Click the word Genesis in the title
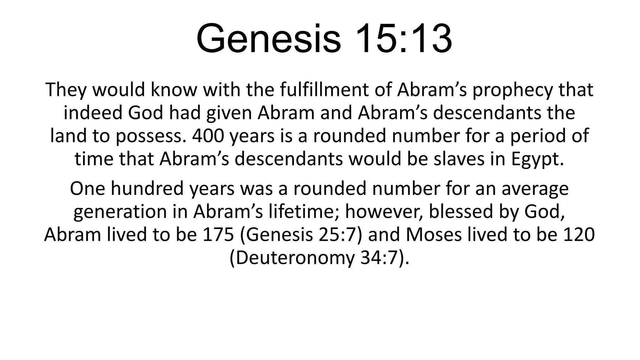(268, 39)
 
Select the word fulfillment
(336, 90)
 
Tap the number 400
(208, 136)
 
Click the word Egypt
(537, 160)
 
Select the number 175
(218, 235)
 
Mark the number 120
(579, 235)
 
